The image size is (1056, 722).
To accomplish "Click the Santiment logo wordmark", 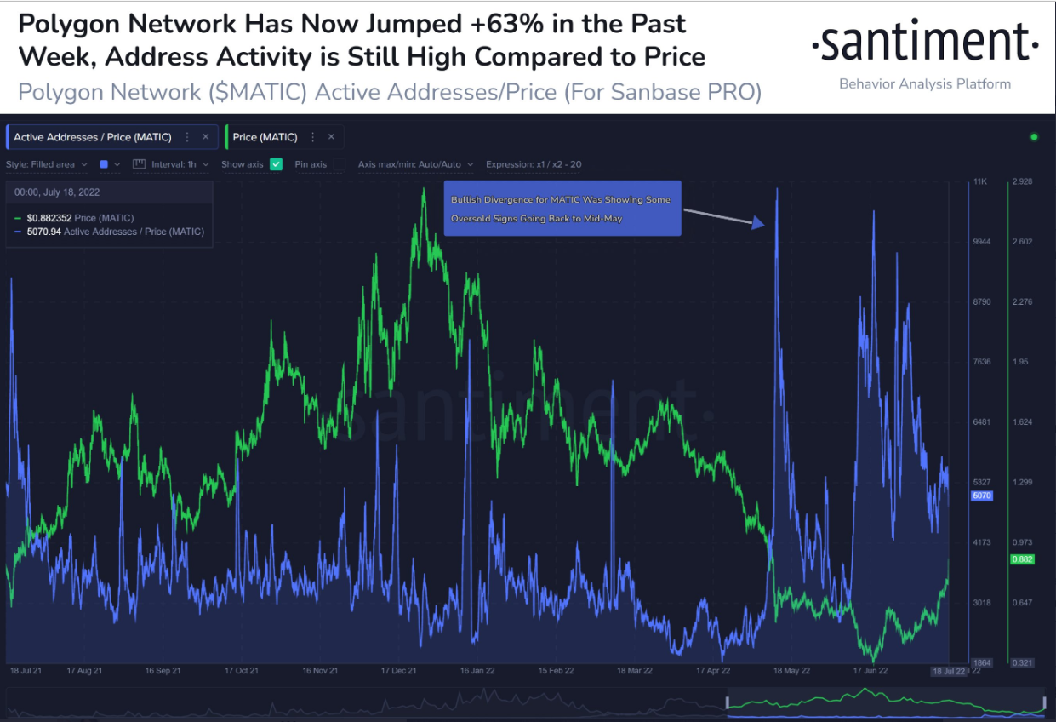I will pos(924,44).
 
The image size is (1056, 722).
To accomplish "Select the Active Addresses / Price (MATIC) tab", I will pos(93,137).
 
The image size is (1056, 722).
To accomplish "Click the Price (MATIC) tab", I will pos(265,137).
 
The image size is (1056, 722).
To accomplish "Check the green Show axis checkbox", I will pos(276,164).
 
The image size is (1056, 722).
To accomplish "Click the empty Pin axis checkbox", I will pos(340,164).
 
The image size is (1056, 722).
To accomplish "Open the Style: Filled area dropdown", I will pos(47,164).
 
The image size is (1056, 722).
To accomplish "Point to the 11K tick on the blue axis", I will pos(979,182).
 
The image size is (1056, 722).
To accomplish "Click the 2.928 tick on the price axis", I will pos(1021,182).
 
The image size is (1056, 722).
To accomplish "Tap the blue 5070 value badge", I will pos(980,496).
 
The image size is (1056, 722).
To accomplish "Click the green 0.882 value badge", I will pos(1021,559).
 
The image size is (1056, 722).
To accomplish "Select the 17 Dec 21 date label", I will pos(399,671).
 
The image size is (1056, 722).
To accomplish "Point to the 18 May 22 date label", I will pos(791,671).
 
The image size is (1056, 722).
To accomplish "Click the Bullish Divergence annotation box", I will pos(562,209).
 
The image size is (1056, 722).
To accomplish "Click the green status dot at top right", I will pos(1034,137).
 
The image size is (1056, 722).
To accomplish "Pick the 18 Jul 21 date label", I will pos(27,671).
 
